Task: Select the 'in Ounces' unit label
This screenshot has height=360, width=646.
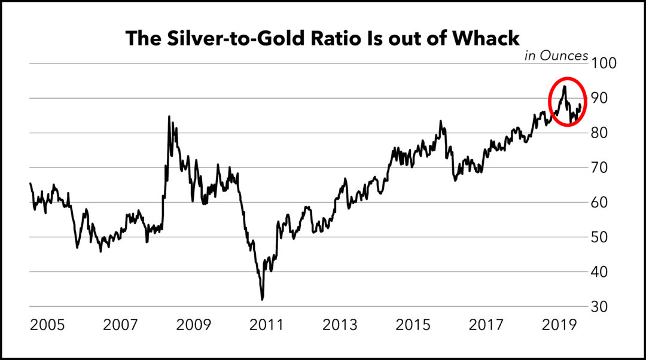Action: click(x=556, y=56)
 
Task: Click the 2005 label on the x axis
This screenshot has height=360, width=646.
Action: click(x=47, y=325)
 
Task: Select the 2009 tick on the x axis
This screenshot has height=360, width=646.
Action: click(x=194, y=325)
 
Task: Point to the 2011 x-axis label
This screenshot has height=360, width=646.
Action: click(x=267, y=325)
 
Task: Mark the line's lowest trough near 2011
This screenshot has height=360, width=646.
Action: click(x=262, y=299)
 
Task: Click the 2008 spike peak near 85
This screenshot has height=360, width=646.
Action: click(x=169, y=117)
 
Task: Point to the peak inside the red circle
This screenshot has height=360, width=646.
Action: click(x=564, y=87)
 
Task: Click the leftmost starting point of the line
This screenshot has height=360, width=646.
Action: click(x=30, y=184)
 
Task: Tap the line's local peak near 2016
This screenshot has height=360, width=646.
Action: click(x=440, y=121)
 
